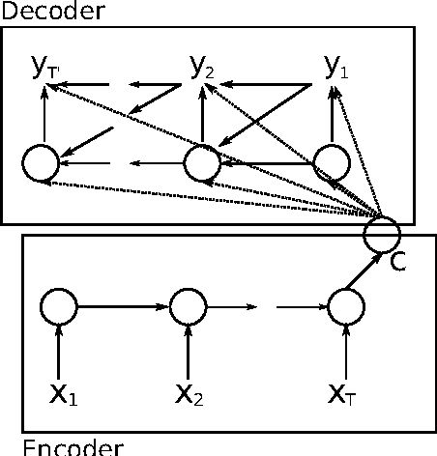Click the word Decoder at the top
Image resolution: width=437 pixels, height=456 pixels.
click(38, 11)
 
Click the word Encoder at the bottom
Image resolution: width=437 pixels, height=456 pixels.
click(61, 446)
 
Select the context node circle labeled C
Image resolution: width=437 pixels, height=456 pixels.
click(382, 233)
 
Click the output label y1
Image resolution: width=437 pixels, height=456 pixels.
click(335, 67)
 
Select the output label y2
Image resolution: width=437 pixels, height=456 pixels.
click(201, 67)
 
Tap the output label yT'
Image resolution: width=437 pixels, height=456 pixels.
click(44, 68)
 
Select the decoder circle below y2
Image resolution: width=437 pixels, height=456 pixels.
click(202, 163)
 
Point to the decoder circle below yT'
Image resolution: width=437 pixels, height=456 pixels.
click(43, 163)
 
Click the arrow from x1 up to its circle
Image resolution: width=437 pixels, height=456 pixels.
click(59, 353)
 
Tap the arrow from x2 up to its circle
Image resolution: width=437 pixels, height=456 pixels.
click(189, 353)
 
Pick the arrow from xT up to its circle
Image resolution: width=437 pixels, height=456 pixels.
click(345, 353)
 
